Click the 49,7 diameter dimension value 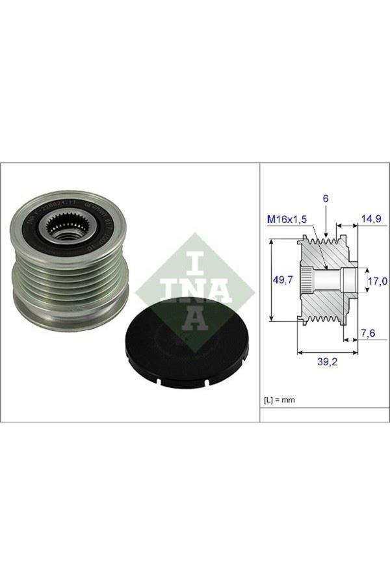(282, 280)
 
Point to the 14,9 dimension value (371, 220)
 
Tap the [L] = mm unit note (279, 400)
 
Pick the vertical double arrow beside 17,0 (363, 281)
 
